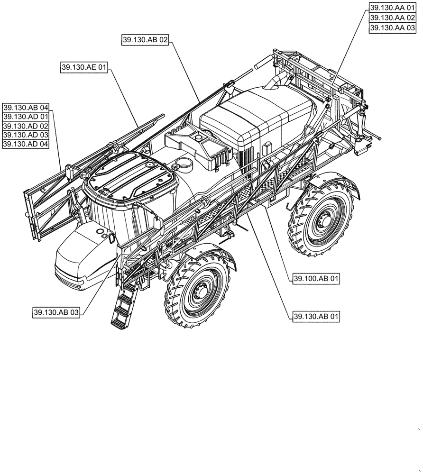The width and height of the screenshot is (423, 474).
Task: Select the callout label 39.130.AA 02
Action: pyautogui.click(x=392, y=18)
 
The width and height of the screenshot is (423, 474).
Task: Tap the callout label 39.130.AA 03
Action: pyautogui.click(x=392, y=28)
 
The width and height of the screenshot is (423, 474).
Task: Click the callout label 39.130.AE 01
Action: pyautogui.click(x=84, y=68)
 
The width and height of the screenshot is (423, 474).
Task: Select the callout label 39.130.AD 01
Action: pyautogui.click(x=26, y=117)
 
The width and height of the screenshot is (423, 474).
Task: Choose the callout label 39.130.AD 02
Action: pyautogui.click(x=26, y=126)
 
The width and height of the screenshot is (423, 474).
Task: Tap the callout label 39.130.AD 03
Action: pyautogui.click(x=26, y=135)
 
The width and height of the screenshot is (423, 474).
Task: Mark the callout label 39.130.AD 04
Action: pyautogui.click(x=26, y=145)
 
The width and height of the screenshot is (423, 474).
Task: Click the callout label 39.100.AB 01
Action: pyautogui.click(x=316, y=280)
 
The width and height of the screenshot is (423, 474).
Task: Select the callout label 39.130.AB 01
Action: pyautogui.click(x=316, y=316)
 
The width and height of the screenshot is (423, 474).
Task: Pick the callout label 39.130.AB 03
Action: pyautogui.click(x=56, y=312)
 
